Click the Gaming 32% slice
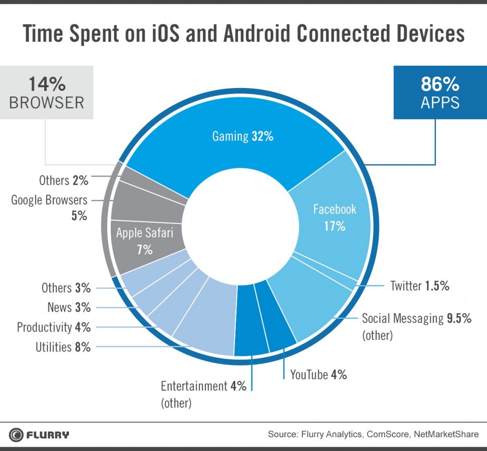point(243,137)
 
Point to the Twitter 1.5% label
point(419,286)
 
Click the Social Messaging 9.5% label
point(417,319)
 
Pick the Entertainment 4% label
point(203,386)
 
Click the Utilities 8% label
point(63,347)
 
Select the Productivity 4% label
point(53,327)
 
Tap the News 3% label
point(68,307)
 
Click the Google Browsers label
point(49,200)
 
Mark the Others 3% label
point(66,288)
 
